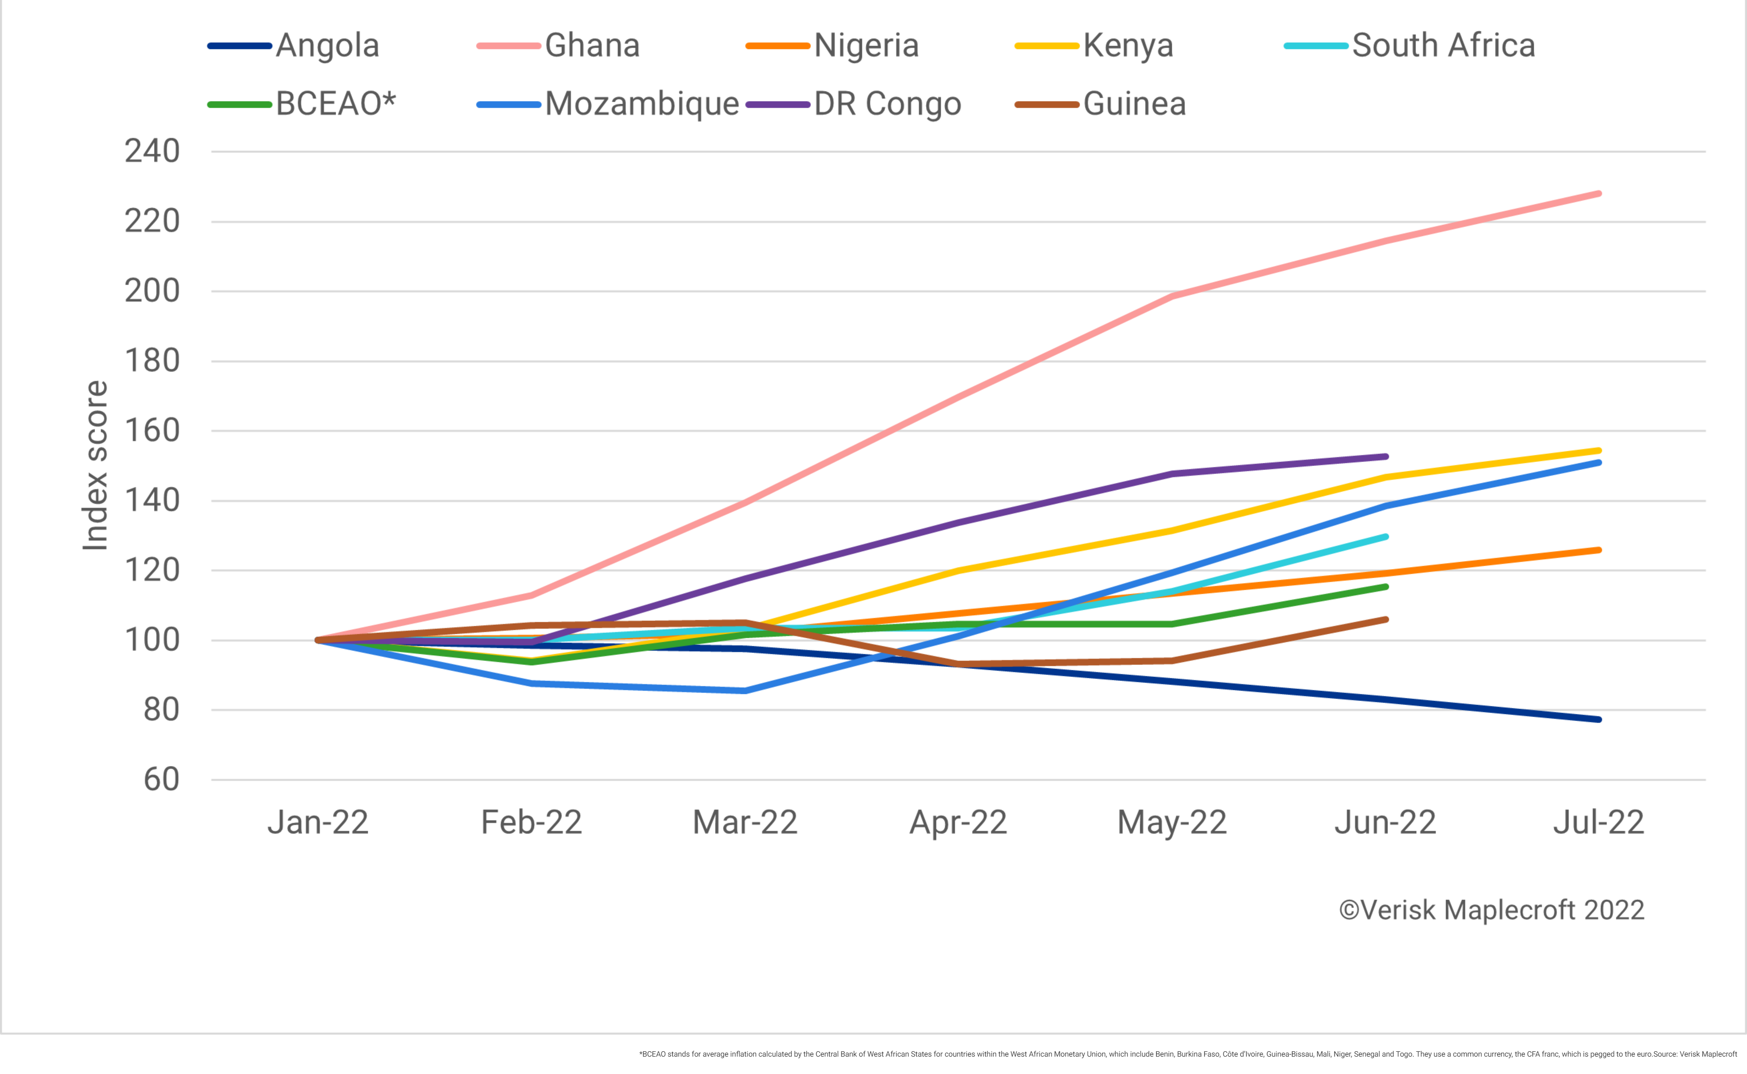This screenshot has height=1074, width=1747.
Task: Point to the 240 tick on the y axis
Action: click(x=152, y=151)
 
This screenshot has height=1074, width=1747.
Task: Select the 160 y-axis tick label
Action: click(x=152, y=430)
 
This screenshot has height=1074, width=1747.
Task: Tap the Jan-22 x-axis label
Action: click(x=317, y=823)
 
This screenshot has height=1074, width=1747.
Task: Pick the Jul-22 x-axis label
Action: click(x=1598, y=823)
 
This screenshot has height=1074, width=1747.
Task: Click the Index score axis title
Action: click(x=94, y=465)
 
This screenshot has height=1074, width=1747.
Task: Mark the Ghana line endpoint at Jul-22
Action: click(x=1598, y=193)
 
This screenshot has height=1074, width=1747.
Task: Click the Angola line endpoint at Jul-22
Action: click(x=1598, y=720)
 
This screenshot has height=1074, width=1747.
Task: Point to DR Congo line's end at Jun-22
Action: click(x=1385, y=457)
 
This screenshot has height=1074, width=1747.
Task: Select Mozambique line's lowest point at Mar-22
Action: click(x=744, y=690)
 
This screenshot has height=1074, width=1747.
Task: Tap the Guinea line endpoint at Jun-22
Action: click(x=1385, y=620)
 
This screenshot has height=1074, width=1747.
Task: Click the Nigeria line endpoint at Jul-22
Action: click(x=1598, y=550)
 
